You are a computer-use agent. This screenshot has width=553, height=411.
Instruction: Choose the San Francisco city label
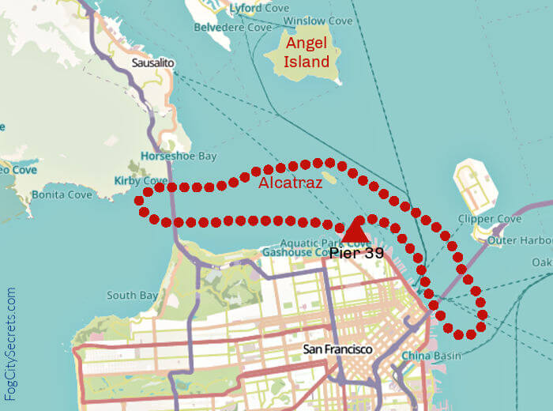[x=337, y=349]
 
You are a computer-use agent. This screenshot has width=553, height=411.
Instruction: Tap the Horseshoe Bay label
[x=179, y=156]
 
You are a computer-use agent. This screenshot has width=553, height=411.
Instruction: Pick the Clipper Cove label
[x=490, y=219]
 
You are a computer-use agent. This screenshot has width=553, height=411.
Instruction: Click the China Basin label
[x=431, y=356]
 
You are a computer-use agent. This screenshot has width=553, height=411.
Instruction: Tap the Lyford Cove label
[x=257, y=8]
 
